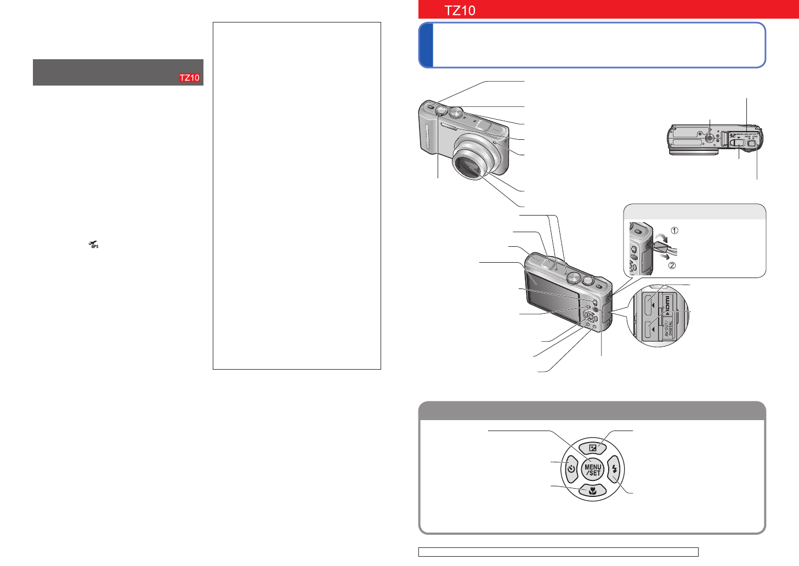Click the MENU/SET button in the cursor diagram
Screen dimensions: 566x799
(x=592, y=470)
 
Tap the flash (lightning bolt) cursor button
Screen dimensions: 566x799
(x=614, y=469)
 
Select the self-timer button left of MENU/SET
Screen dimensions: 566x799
(x=571, y=469)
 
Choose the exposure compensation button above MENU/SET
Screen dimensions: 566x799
(x=592, y=448)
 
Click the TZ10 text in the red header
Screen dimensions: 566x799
(x=460, y=10)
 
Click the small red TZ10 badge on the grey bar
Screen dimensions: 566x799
(x=190, y=78)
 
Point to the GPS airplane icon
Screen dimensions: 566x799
(x=94, y=245)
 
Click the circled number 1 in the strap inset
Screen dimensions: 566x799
(x=675, y=230)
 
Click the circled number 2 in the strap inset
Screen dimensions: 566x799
(x=672, y=265)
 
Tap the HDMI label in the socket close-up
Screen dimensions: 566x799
(x=667, y=302)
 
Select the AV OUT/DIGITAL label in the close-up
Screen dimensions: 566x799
(x=667, y=328)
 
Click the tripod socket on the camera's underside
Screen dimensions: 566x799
(x=710, y=138)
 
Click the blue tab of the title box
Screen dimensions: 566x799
(x=426, y=45)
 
